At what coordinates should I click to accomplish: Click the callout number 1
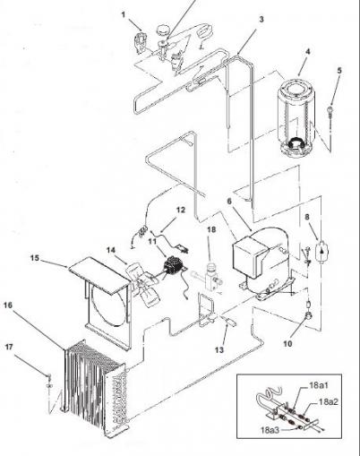(x=124, y=14)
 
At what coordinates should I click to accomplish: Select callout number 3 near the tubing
(x=261, y=20)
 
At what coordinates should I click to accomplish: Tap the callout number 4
(x=308, y=51)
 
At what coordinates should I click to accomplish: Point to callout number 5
(x=339, y=71)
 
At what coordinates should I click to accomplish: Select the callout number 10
(x=287, y=344)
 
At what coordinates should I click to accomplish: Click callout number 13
(x=219, y=349)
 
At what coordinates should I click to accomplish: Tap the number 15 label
(x=35, y=257)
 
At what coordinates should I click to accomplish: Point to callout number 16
(x=8, y=305)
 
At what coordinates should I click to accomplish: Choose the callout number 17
(x=9, y=347)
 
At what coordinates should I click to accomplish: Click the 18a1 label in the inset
(x=319, y=385)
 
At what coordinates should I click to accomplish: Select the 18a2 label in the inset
(x=329, y=401)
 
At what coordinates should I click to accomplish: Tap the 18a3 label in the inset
(x=270, y=430)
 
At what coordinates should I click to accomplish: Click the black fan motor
(x=173, y=264)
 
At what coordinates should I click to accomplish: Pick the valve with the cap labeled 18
(x=213, y=276)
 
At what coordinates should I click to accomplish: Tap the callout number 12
(x=180, y=210)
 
